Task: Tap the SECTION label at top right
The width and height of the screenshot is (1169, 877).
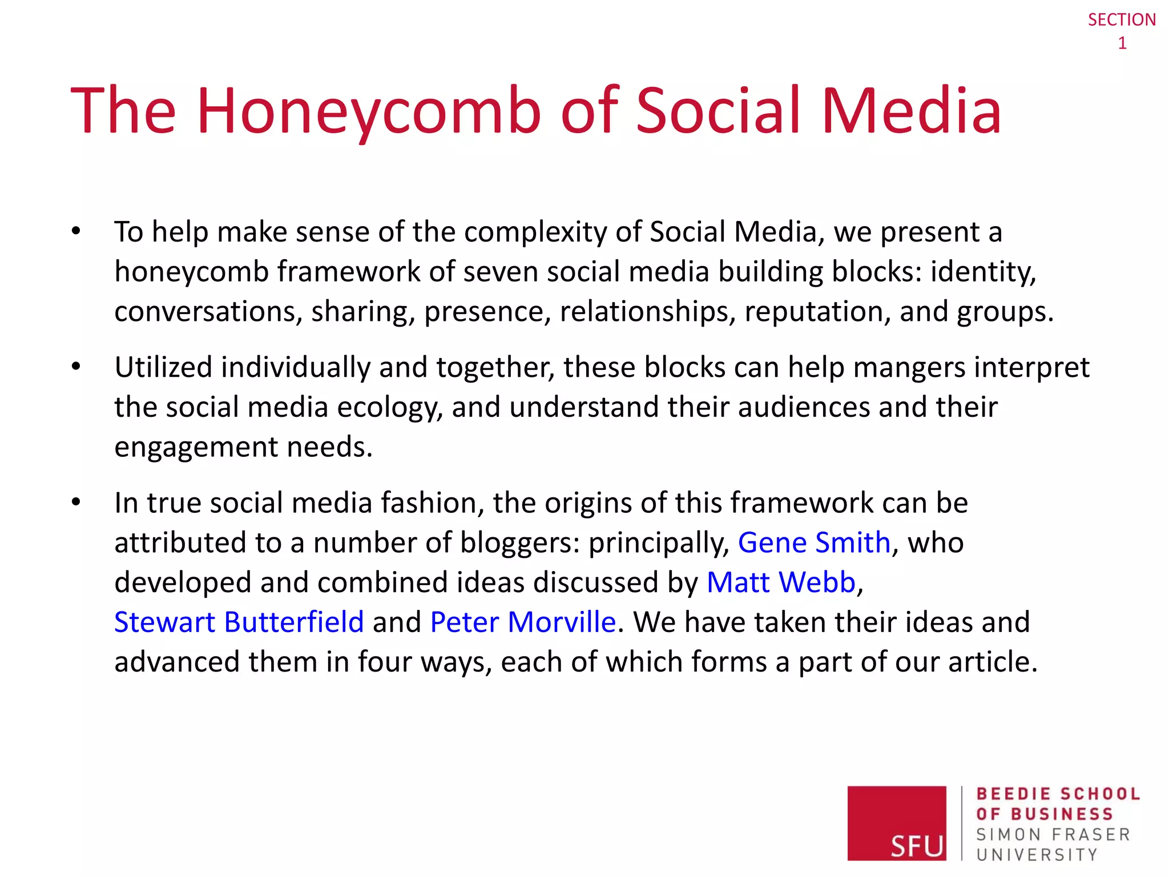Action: tap(1122, 20)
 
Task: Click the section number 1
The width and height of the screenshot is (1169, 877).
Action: tap(1122, 43)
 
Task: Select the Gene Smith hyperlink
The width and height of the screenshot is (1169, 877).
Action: tap(814, 542)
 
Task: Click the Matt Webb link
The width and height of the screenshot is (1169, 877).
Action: tap(781, 582)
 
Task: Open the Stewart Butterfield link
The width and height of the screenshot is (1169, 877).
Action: tap(239, 622)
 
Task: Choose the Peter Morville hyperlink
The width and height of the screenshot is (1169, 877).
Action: tap(523, 622)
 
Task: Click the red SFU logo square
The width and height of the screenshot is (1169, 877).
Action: tap(896, 822)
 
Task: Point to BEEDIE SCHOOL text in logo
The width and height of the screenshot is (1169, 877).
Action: tap(1058, 794)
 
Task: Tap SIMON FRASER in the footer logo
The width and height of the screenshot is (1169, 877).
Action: tap(1053, 835)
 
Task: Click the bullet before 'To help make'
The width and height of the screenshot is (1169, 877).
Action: tap(76, 231)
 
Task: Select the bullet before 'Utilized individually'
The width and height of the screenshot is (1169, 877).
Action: tap(76, 367)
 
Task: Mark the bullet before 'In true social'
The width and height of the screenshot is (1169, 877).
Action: tap(76, 502)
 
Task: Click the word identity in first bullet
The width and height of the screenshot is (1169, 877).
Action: tap(983, 272)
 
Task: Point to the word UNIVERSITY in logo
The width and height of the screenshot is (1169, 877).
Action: tap(1037, 855)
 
